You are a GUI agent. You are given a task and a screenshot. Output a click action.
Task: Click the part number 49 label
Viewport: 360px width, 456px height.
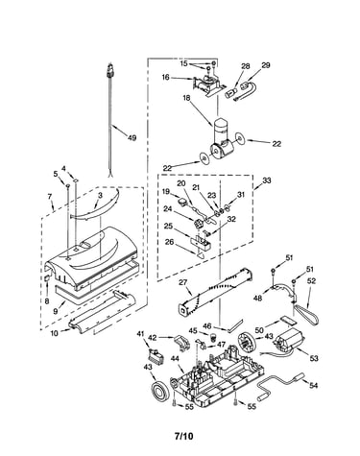pos(132,138)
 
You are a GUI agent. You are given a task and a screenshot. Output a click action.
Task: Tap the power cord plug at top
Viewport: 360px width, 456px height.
pos(110,70)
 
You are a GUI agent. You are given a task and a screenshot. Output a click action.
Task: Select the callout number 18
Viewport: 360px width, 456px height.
pos(187,98)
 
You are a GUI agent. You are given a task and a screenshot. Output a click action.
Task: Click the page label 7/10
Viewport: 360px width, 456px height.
pos(184,436)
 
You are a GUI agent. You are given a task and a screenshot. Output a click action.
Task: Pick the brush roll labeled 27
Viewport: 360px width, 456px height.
pos(215,291)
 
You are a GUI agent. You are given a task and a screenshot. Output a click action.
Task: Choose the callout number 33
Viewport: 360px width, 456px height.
pos(266,180)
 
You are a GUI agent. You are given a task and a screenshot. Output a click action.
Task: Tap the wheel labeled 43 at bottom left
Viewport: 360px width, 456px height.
pos(159,391)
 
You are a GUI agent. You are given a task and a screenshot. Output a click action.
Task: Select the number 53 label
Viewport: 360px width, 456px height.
pos(314,358)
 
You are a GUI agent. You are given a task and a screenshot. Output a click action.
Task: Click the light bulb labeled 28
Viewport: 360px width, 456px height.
pos(231,93)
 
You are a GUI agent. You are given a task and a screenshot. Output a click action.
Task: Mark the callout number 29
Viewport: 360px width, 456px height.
pos(266,65)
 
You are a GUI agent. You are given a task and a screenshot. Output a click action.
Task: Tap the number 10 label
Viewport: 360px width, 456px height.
pos(55,333)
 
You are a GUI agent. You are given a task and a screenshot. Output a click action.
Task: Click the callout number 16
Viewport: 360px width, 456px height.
pos(165,78)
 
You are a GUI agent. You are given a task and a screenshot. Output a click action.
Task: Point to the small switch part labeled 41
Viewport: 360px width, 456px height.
pos(156,356)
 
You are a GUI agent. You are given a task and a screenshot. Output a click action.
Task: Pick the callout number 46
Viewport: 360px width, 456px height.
pos(207,326)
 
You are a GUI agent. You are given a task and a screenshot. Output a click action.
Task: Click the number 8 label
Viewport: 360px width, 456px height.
pos(47,301)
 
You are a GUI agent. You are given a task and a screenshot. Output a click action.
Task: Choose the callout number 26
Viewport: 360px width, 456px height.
pos(170,242)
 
